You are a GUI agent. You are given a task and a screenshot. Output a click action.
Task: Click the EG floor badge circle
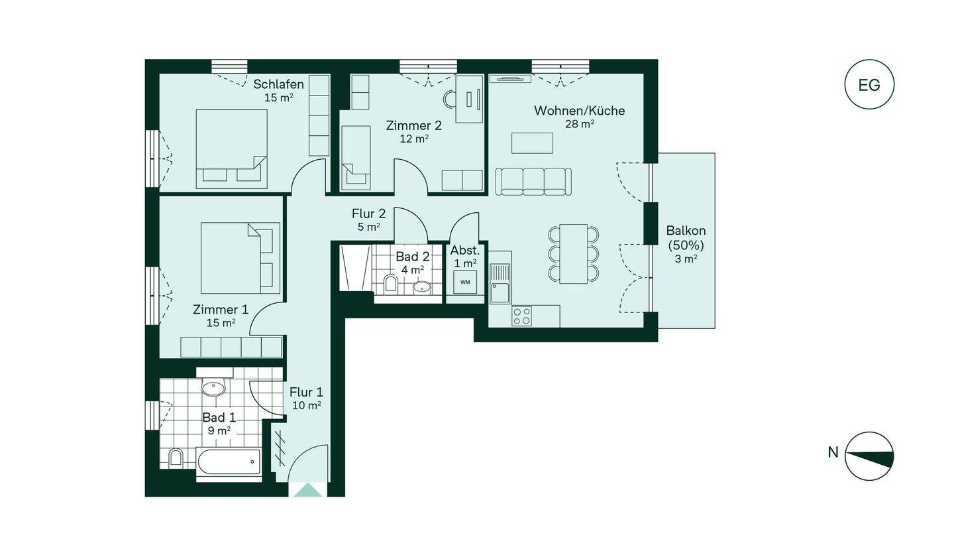(869, 84)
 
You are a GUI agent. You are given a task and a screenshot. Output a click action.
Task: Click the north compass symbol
(869, 456)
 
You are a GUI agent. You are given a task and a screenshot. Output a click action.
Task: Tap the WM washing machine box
(465, 282)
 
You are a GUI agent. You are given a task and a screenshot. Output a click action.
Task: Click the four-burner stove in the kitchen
(522, 316)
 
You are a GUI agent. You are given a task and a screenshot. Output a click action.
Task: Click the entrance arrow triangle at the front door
(308, 490)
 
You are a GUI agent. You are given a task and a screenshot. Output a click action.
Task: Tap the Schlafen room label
(278, 84)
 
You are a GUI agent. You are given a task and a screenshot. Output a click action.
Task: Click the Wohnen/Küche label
(579, 111)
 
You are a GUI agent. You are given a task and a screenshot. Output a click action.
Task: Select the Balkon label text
(686, 231)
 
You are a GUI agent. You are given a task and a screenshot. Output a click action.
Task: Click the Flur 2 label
(369, 213)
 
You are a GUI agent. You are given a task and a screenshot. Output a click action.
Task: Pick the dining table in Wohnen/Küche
(573, 253)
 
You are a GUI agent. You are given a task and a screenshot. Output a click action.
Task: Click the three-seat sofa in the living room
(533, 182)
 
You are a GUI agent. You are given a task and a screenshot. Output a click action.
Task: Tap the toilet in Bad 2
(391, 283)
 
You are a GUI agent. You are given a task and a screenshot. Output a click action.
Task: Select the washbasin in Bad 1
(213, 388)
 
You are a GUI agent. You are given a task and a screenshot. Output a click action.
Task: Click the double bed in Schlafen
(231, 149)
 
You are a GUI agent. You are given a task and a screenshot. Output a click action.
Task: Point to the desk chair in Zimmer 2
(449, 99)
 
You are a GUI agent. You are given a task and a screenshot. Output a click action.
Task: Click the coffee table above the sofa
(533, 143)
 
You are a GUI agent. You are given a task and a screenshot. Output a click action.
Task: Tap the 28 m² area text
(580, 124)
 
